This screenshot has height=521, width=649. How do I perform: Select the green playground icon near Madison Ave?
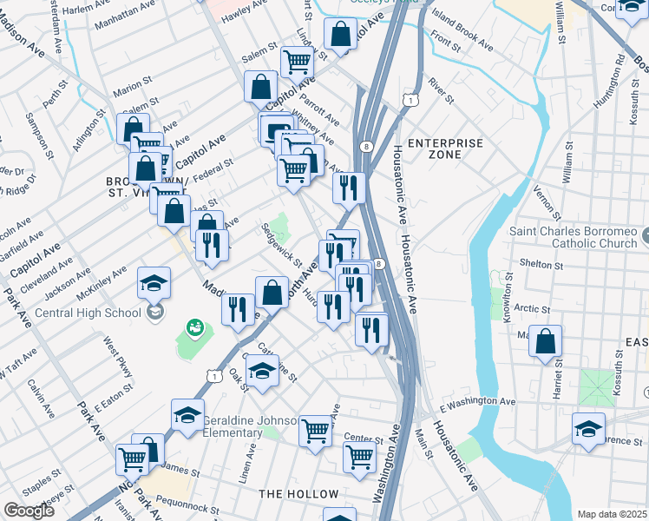195,327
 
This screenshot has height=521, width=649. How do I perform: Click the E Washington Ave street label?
477,402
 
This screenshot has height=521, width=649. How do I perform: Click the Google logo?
29,511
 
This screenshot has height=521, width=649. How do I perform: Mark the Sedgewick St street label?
281,246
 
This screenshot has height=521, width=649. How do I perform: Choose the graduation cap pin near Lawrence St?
588,429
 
